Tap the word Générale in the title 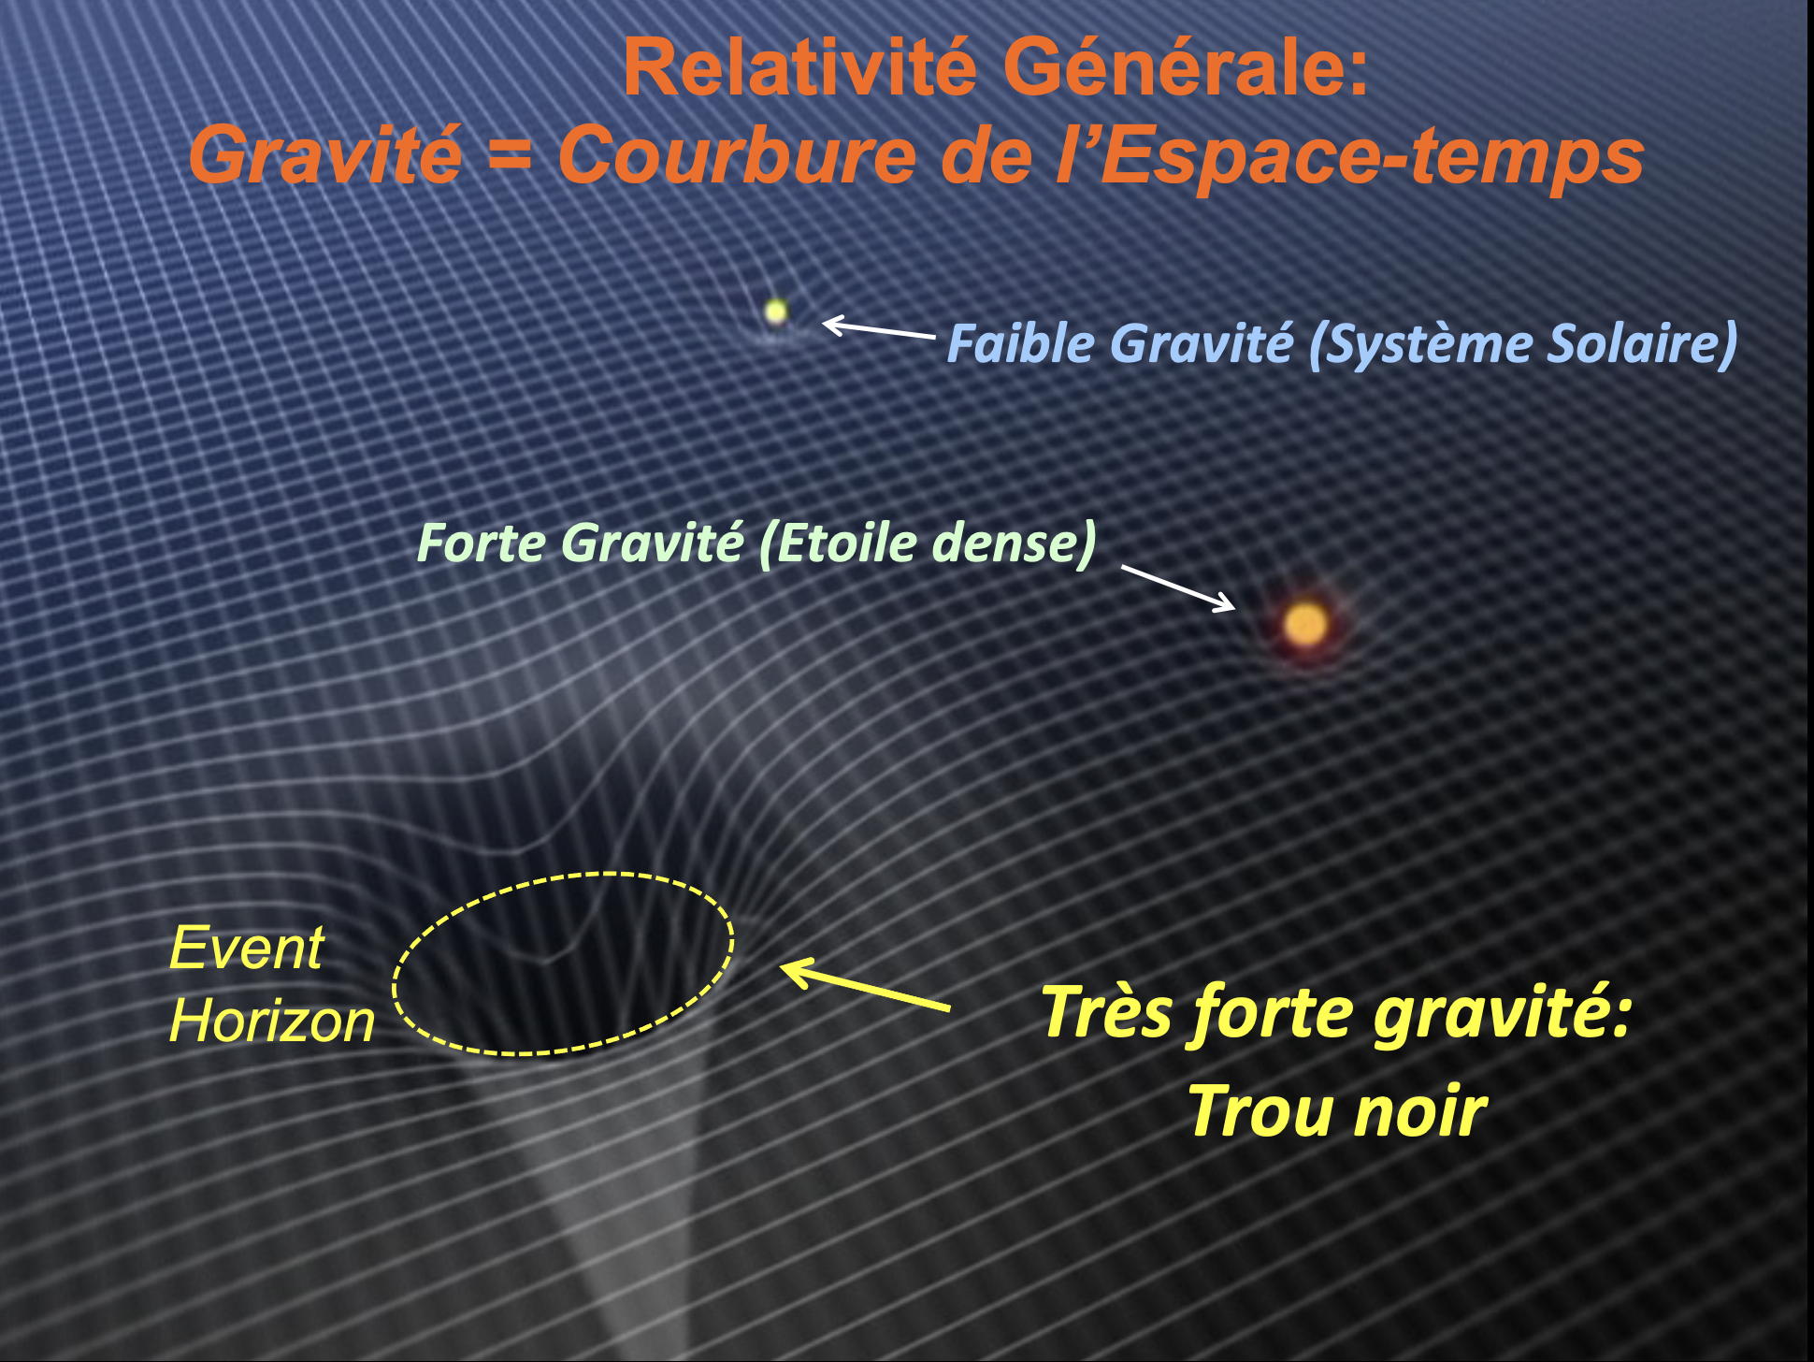coord(1186,67)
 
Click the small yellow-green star coord(775,312)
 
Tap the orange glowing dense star coord(1305,624)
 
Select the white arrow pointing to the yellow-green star coord(878,328)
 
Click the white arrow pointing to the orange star coord(1178,587)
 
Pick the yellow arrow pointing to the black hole coord(865,985)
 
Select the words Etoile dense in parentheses coord(927,543)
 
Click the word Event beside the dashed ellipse coord(246,948)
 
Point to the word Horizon coord(271,1020)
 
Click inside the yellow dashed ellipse coord(563,964)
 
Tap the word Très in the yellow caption coord(1104,1011)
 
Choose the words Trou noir coord(1337,1110)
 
